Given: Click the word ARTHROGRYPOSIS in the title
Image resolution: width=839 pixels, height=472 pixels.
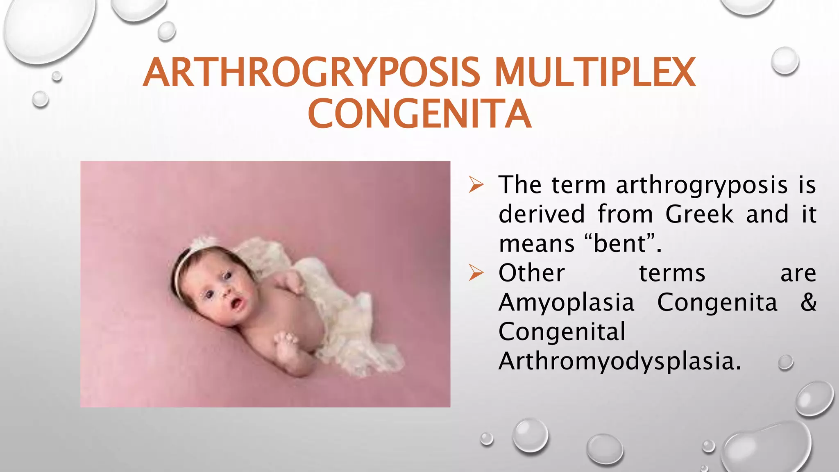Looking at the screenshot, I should (311, 73).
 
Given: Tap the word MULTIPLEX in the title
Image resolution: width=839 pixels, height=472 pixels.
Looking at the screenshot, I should (595, 73).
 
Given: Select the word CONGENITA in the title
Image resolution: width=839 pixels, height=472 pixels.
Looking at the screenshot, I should (419, 113).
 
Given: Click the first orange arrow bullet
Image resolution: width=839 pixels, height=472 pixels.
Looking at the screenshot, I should (476, 185).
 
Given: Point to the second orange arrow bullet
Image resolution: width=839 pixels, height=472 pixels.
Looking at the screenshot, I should (476, 273).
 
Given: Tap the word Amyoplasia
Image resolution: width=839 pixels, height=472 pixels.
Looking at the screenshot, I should (566, 303).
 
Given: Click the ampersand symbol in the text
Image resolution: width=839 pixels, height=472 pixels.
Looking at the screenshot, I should (808, 302).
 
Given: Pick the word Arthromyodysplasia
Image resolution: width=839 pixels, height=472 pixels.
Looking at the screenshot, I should (619, 361).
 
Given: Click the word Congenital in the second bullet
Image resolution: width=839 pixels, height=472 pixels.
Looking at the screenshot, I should (562, 332).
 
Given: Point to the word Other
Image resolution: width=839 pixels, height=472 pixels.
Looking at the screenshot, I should (532, 273).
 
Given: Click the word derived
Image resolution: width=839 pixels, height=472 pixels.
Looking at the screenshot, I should (542, 214).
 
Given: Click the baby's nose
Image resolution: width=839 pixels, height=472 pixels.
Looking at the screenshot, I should (227, 293).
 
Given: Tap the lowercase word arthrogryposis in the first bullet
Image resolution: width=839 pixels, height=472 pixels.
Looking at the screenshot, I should (702, 185).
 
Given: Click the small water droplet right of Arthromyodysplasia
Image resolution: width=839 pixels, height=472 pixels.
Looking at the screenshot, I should (785, 363).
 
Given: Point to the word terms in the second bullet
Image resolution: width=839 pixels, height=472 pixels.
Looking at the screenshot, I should (672, 273).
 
